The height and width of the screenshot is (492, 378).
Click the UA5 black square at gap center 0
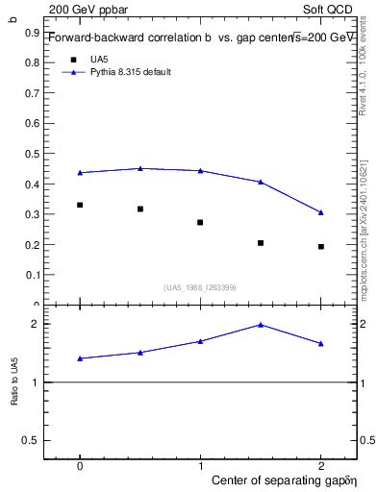80,205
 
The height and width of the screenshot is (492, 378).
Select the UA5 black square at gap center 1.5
261,243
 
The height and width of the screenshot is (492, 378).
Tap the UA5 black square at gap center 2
321,247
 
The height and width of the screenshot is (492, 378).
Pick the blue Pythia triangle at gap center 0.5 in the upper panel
140,168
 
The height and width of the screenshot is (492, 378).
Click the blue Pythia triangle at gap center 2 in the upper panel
321,212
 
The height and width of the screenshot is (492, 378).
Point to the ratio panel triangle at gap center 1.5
261,325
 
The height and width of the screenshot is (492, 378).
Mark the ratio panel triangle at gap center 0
80,358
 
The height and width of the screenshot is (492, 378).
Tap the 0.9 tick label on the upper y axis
36,32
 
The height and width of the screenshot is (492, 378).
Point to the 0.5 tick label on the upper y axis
36,154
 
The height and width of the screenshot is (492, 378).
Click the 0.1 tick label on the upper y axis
36,275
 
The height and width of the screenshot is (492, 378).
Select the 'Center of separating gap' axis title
284,478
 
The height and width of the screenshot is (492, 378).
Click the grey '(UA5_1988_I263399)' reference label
200,287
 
